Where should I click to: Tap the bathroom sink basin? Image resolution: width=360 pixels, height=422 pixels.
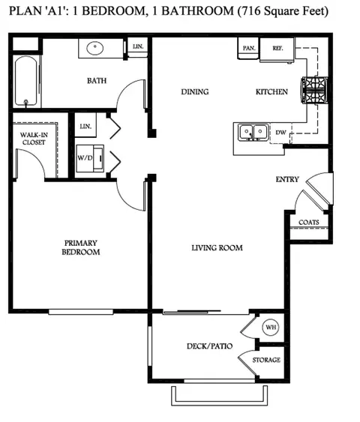[95, 49]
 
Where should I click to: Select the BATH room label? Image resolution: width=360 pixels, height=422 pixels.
[96, 80]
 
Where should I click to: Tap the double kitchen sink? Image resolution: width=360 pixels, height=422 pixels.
[252, 132]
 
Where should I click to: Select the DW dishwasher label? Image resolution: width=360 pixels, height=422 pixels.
[280, 133]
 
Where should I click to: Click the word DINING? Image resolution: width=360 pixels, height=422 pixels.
[194, 92]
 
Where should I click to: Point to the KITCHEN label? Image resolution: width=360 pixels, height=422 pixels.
[271, 92]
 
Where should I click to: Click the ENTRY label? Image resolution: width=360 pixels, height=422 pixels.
[287, 179]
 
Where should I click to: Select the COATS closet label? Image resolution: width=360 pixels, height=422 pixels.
[309, 223]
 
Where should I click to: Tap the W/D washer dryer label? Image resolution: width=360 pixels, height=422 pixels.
[85, 159]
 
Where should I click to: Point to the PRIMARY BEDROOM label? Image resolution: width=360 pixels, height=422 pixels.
[81, 247]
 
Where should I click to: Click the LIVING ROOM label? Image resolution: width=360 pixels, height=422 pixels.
[217, 248]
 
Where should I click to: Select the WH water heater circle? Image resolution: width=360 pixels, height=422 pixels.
[269, 327]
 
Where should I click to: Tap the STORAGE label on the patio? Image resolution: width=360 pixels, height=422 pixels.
[266, 361]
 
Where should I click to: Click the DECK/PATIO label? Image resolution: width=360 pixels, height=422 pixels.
[209, 346]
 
